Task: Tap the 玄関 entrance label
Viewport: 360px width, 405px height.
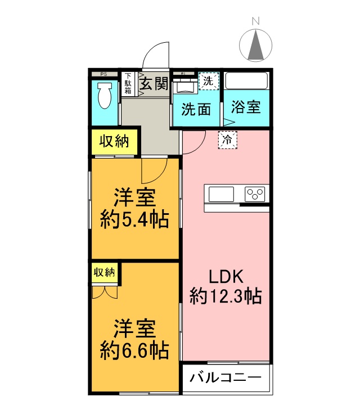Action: [153, 84]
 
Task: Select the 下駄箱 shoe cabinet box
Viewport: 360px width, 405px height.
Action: [129, 84]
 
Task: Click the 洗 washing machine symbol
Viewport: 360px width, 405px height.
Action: [208, 80]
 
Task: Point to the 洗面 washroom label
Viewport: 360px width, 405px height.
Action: [196, 108]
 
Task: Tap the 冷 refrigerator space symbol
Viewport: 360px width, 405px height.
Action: [227, 139]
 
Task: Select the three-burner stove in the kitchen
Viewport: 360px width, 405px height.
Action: [256, 194]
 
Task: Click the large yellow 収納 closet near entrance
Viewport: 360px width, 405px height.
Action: [115, 142]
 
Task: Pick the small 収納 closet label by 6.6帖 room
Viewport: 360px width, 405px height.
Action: [104, 273]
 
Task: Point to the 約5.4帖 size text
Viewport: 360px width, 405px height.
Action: [134, 219]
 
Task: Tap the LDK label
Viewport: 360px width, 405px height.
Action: [226, 276]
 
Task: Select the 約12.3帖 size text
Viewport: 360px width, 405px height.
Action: [226, 295]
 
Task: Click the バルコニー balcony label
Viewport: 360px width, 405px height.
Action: [226, 377]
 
